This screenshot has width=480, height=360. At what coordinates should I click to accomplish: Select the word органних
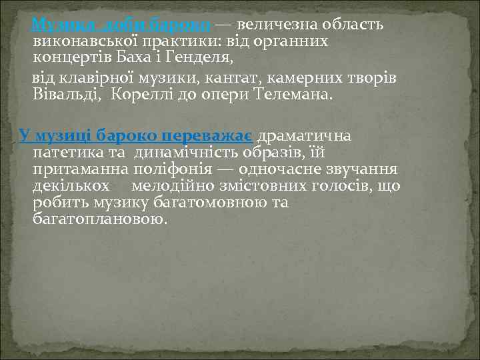[295, 42]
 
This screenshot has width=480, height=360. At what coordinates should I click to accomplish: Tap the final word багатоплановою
[99, 219]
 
